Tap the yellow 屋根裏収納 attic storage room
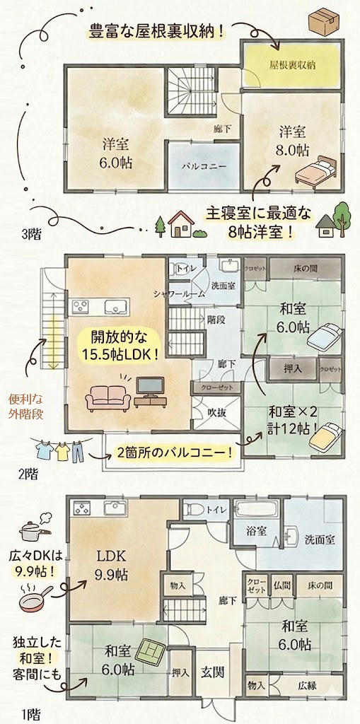(x=291, y=64)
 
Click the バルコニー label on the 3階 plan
(x=204, y=165)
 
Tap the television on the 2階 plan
(x=150, y=387)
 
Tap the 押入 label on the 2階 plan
(x=293, y=369)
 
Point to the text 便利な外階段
(x=26, y=407)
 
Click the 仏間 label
(x=281, y=585)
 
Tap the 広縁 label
(x=308, y=686)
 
